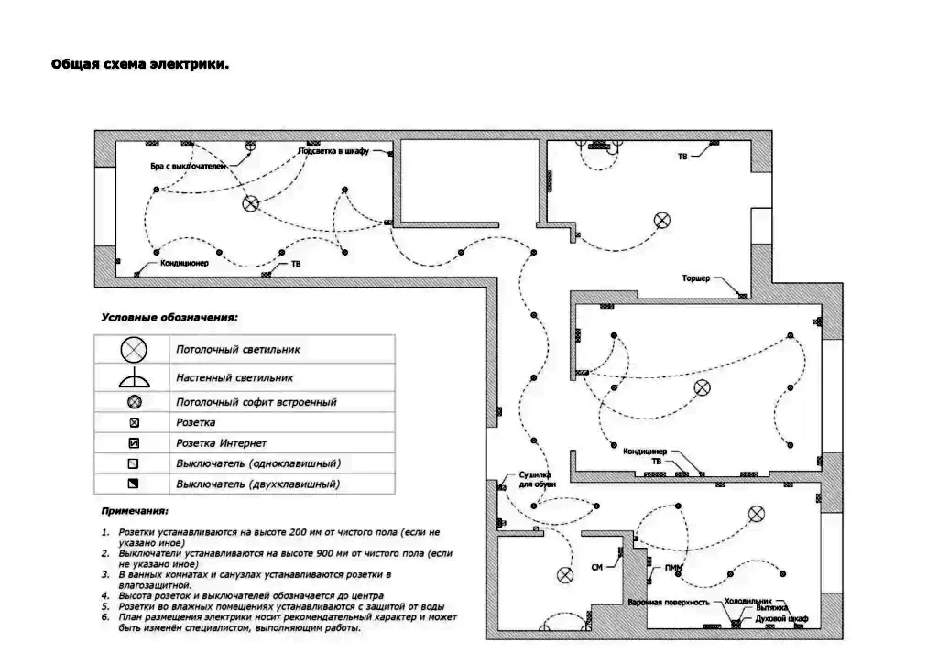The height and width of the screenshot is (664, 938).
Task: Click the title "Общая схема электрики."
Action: (x=139, y=65)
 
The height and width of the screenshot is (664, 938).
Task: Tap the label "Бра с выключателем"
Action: (x=188, y=167)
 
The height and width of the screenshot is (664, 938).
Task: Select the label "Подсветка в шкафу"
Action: (x=333, y=151)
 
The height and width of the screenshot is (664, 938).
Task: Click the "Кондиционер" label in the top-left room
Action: (x=185, y=264)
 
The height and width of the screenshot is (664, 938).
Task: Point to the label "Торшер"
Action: (x=696, y=278)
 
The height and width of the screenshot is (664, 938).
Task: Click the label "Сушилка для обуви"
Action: (x=535, y=479)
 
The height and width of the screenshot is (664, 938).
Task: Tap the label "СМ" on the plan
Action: (x=596, y=568)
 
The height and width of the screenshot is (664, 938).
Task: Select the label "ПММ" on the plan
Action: (x=674, y=569)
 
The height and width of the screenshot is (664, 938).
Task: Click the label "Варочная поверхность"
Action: (x=670, y=603)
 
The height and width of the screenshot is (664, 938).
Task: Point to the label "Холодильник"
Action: (x=743, y=602)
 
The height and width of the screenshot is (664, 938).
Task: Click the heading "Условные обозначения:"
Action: (x=169, y=318)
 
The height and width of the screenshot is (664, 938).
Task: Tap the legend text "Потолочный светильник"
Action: (x=238, y=349)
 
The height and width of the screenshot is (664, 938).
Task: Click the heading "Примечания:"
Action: (x=135, y=511)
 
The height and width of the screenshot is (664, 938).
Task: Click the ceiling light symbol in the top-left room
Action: (x=250, y=204)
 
